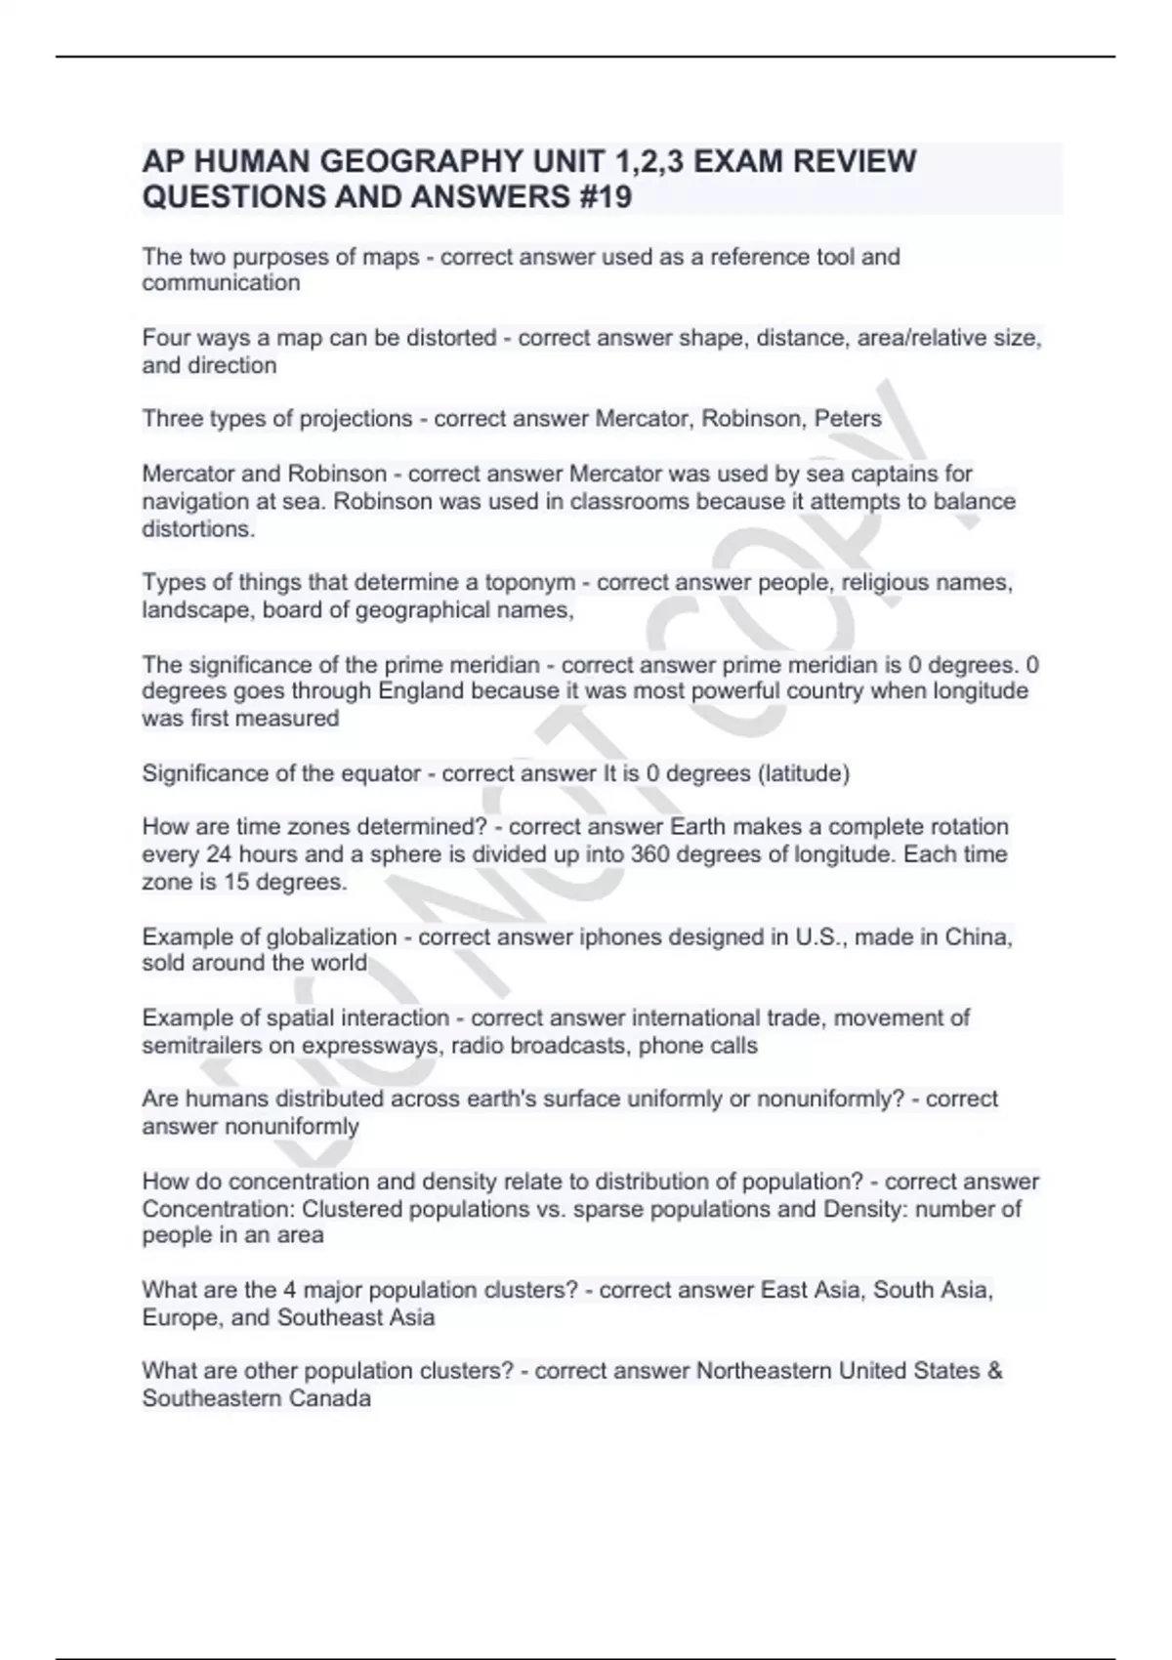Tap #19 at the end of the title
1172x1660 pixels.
[x=601, y=197]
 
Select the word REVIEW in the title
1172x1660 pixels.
[x=854, y=161]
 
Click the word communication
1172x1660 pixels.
[x=221, y=283]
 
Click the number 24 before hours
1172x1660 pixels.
[x=218, y=854]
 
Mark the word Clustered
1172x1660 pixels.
[x=352, y=1209]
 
